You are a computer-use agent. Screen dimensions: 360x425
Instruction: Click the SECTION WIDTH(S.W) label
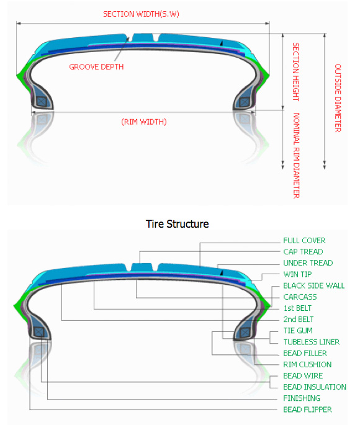pos(141,14)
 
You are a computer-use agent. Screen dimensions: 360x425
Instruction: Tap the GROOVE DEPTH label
pos(96,66)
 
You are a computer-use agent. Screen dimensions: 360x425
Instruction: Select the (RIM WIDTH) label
pos(144,122)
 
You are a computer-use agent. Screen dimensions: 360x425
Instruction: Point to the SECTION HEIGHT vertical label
pos(295,72)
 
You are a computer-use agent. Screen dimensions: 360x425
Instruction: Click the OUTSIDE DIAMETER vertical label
pos(338,98)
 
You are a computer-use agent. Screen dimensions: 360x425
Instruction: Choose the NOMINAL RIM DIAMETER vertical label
pos(296,156)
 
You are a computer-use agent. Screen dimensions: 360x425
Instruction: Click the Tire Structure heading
pos(178,224)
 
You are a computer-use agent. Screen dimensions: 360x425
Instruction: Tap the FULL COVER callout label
pos(304,240)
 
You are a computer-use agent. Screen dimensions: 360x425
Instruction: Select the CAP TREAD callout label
pos(303,252)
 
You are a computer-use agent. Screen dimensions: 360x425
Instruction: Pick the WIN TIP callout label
pos(297,274)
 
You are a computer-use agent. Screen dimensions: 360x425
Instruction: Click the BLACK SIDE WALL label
pos(314,285)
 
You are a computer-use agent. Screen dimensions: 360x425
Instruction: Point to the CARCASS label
pos(300,297)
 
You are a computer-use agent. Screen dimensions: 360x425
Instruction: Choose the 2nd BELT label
pos(299,320)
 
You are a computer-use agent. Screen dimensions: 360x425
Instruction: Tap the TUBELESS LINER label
pos(312,342)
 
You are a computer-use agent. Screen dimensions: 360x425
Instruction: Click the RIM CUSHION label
pos(307,365)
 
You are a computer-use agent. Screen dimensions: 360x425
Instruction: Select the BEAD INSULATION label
pos(315,387)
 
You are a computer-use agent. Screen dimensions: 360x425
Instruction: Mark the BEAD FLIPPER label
pos(307,409)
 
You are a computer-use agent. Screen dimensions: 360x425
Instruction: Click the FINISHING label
pos(302,398)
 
